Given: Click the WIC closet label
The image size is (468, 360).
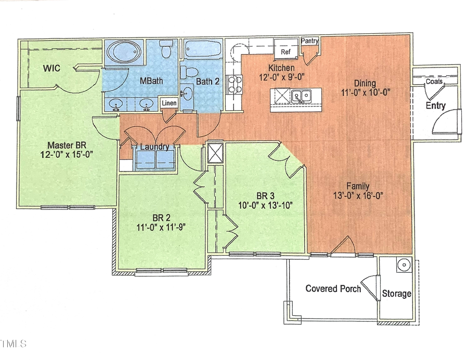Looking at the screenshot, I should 52,68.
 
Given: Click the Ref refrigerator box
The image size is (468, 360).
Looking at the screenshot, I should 285,52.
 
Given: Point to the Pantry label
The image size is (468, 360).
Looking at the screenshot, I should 309,41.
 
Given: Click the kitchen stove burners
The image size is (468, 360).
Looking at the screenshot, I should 235,84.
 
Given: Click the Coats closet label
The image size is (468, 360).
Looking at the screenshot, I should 434,82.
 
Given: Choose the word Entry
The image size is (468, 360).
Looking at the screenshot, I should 435,106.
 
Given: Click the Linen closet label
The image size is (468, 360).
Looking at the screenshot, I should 170,103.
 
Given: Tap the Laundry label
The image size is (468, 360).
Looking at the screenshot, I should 154,147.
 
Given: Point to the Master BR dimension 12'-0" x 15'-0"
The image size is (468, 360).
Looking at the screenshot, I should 70,155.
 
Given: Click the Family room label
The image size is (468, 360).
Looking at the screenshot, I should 358,186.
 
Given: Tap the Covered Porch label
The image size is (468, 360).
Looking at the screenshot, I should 333,289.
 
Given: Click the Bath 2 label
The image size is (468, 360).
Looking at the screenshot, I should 207,81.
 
